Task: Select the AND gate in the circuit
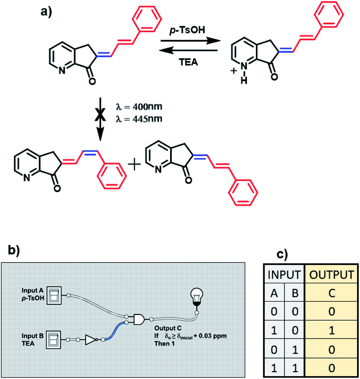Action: pos(139,319)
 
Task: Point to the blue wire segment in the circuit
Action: pos(116,330)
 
